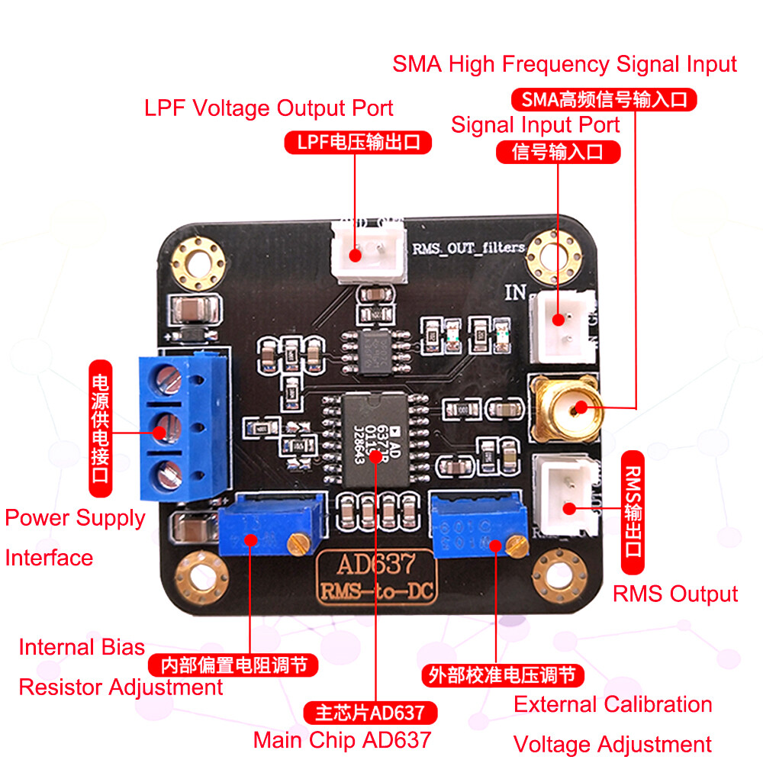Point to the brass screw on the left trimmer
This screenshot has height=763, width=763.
click(298, 543)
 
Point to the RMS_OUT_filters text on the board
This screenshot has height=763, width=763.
click(468, 247)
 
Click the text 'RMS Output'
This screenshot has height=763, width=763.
click(675, 594)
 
